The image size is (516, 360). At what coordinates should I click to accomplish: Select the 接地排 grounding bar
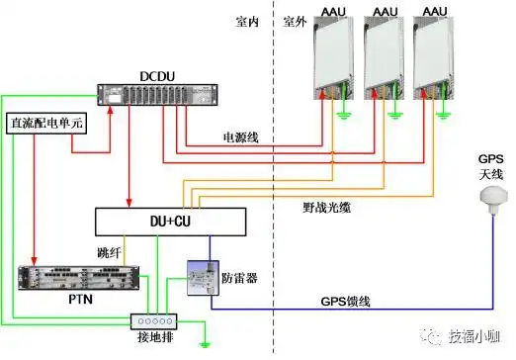(x=152, y=320)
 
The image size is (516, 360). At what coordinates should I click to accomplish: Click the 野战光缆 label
(x=327, y=209)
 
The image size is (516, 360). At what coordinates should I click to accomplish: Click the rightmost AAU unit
(x=432, y=55)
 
